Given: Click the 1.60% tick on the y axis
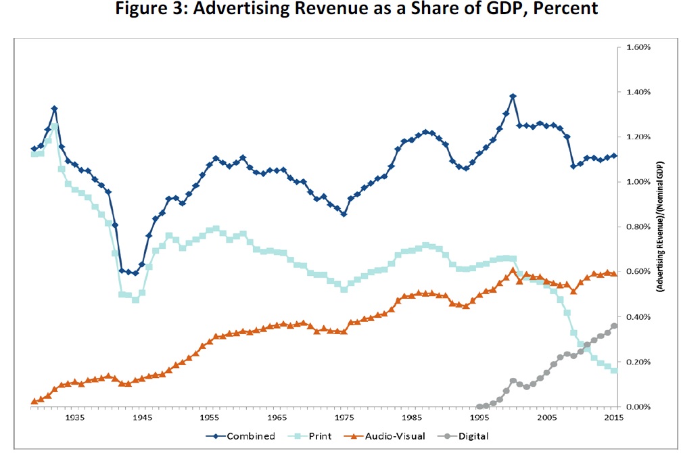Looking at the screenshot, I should tap(638, 47).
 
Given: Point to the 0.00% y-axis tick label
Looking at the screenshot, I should tap(638, 407).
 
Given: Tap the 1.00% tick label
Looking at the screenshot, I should tap(638, 182).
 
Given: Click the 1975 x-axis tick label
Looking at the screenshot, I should tap(344, 418).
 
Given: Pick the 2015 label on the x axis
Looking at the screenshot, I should tap(613, 418).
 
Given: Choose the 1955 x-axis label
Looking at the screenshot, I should tap(209, 418).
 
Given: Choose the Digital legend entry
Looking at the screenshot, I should tap(472, 436).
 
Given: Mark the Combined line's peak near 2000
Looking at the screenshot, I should tap(513, 96).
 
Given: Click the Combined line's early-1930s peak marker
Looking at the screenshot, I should tap(54, 108).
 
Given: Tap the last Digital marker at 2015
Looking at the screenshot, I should tap(614, 326).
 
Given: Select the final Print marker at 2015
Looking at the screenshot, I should tap(614, 370).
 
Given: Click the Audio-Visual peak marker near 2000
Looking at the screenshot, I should tap(513, 270).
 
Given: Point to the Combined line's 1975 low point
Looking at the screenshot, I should tap(344, 214).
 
